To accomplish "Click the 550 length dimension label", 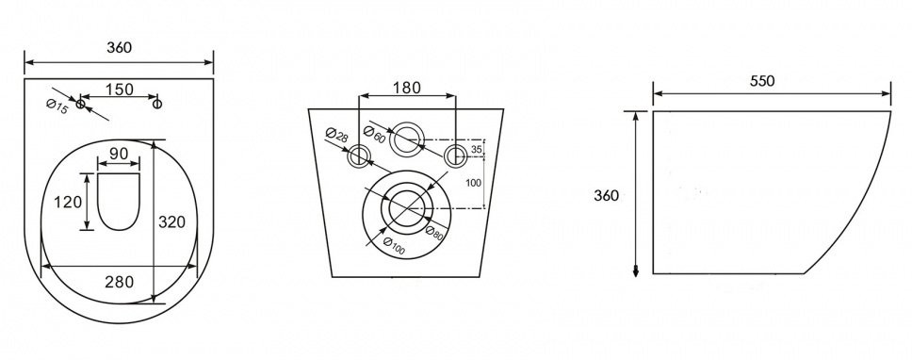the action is click(762, 81).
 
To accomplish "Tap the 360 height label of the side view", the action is click(606, 196).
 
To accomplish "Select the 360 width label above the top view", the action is click(120, 48).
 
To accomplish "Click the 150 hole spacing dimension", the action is click(120, 89).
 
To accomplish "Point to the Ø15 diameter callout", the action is click(57, 107).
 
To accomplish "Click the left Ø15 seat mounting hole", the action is click(80, 104).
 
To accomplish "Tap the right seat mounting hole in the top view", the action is click(157, 104).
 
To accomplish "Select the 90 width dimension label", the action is click(119, 155).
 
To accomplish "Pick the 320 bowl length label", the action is click(172, 221).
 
